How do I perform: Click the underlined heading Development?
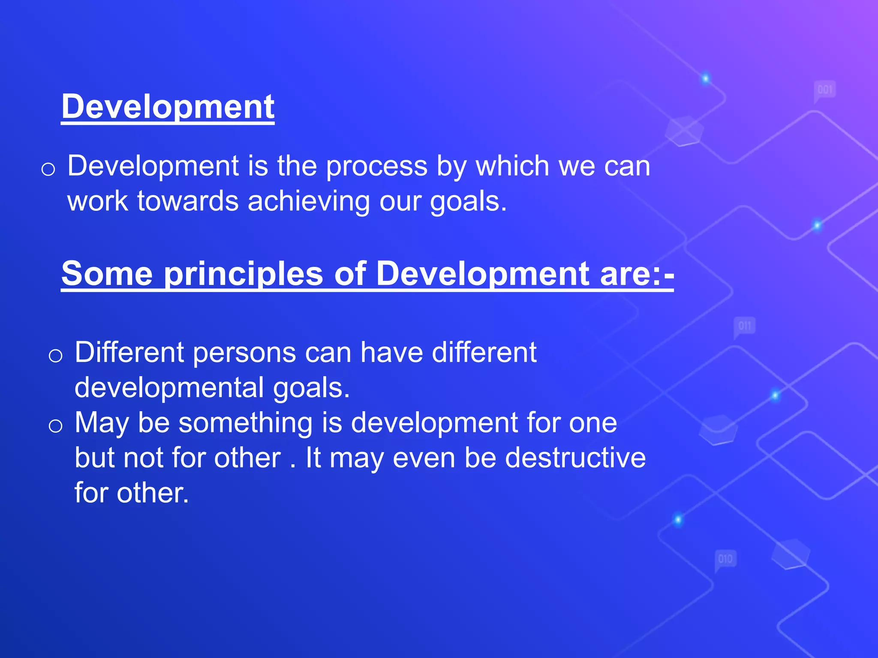[x=168, y=107]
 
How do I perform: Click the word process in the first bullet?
[x=376, y=166]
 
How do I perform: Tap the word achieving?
[x=308, y=201]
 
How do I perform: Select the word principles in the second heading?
[x=244, y=274]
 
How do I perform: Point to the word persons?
[x=244, y=353]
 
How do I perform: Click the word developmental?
[x=169, y=388]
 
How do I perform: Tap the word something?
[x=245, y=423]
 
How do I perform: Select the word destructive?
[x=575, y=458]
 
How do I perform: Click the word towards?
[x=188, y=201]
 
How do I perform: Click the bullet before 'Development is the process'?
[x=48, y=169]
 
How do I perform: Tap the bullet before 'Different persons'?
[x=55, y=356]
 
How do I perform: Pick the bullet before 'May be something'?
[x=55, y=426]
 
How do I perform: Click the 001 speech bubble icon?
[x=824, y=90]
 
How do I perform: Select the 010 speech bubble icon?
[x=725, y=559]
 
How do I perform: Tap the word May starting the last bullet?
[x=101, y=423]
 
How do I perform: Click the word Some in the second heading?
[x=107, y=274]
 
